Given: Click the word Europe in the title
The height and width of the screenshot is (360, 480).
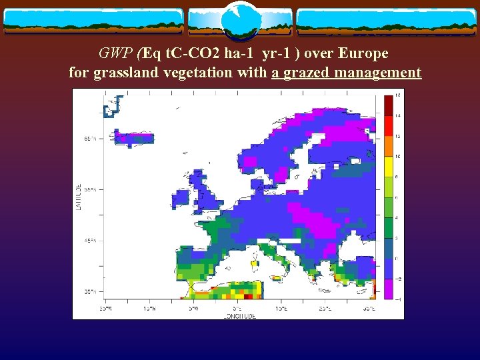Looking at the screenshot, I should coord(363,53).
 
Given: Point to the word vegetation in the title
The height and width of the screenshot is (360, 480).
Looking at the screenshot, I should coord(195,72).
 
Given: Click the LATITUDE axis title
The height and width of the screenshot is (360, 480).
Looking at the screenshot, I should coord(78,198).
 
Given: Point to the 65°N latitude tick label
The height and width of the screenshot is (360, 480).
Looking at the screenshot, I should coord(89,139).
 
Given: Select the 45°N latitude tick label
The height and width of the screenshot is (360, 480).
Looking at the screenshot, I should coord(89,241).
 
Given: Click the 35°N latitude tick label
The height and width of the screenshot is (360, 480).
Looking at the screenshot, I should coord(89,292).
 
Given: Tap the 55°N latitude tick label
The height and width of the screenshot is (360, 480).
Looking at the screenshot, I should coord(89,190).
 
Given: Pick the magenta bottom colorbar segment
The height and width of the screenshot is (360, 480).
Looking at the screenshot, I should coord(388,288).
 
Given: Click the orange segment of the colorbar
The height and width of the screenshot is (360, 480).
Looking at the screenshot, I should coord(388,146).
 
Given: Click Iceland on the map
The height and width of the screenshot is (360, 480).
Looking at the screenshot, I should coord(133,138).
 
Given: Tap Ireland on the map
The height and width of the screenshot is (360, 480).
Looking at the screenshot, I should coord(181,198).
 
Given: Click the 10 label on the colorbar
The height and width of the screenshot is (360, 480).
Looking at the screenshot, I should coord(398,156).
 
